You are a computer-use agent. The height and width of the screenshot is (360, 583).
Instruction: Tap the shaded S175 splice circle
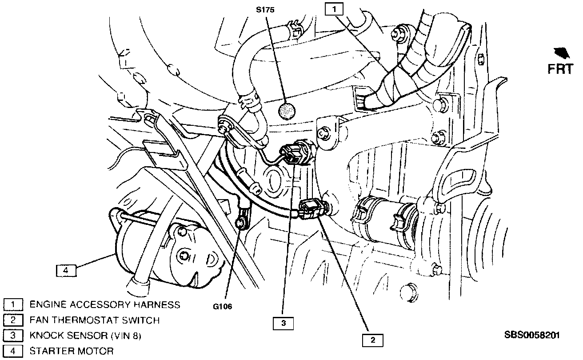[286, 111]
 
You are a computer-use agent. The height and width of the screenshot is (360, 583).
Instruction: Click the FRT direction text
[559, 69]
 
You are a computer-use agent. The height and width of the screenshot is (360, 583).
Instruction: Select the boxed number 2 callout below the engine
[373, 340]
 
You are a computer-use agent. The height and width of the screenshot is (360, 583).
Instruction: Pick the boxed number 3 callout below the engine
[283, 323]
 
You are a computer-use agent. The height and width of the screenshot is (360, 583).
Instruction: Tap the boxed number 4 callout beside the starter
[66, 270]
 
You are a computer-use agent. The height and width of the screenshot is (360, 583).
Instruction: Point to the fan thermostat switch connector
[311, 209]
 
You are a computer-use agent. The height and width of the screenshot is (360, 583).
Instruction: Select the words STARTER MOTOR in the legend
[71, 351]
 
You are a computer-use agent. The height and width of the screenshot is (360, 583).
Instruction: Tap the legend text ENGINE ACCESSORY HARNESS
[104, 304]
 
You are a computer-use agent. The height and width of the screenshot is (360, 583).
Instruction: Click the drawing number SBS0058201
[532, 335]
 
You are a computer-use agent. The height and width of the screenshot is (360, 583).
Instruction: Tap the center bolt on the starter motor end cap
[184, 256]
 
